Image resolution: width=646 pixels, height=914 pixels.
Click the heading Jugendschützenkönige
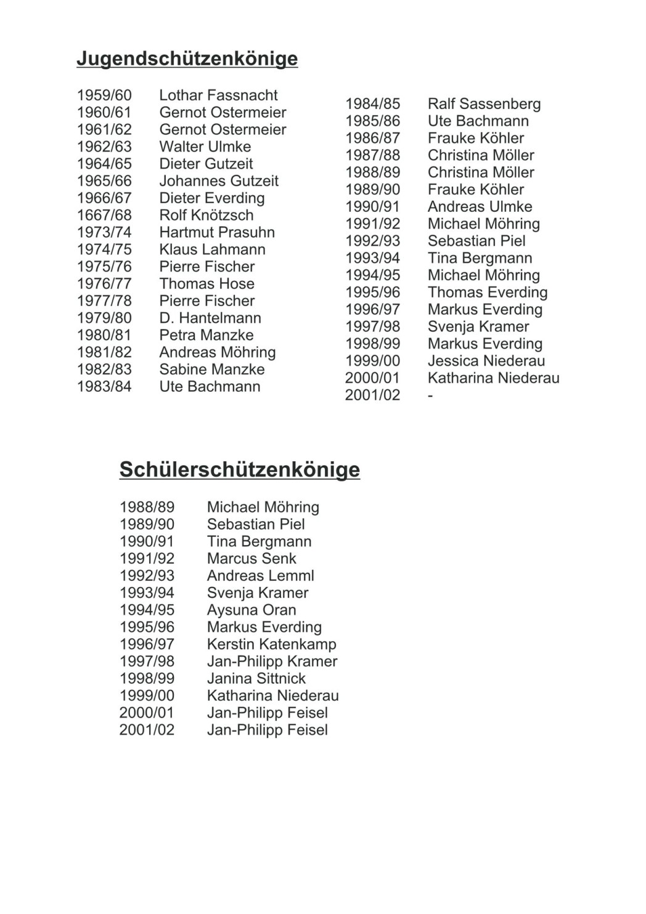click(187, 59)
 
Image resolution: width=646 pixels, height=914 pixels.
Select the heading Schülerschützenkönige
click(239, 470)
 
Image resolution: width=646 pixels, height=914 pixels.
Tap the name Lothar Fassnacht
click(218, 95)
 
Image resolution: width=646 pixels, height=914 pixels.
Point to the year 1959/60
click(104, 95)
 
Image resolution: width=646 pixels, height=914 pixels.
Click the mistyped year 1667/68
click(104, 216)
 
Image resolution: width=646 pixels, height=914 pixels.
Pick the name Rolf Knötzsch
click(206, 216)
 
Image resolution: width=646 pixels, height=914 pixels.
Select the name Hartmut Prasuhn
click(216, 233)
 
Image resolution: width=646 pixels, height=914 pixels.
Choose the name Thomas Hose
click(206, 284)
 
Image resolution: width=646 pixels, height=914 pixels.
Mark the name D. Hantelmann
click(210, 318)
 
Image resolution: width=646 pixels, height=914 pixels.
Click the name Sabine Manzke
click(211, 370)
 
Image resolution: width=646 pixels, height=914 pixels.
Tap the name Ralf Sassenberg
click(484, 104)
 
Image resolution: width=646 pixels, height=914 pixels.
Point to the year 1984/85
click(372, 104)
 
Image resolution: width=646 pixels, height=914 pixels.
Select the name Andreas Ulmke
click(480, 207)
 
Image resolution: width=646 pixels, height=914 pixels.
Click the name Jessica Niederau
click(486, 361)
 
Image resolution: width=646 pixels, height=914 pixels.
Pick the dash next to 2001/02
click(430, 395)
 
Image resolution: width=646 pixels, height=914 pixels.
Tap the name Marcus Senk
click(251, 559)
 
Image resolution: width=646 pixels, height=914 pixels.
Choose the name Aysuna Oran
click(251, 610)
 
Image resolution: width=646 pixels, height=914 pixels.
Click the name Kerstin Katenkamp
click(271, 645)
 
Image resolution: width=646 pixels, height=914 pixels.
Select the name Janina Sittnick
click(256, 679)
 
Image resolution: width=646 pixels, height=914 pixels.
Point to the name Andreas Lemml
click(260, 576)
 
